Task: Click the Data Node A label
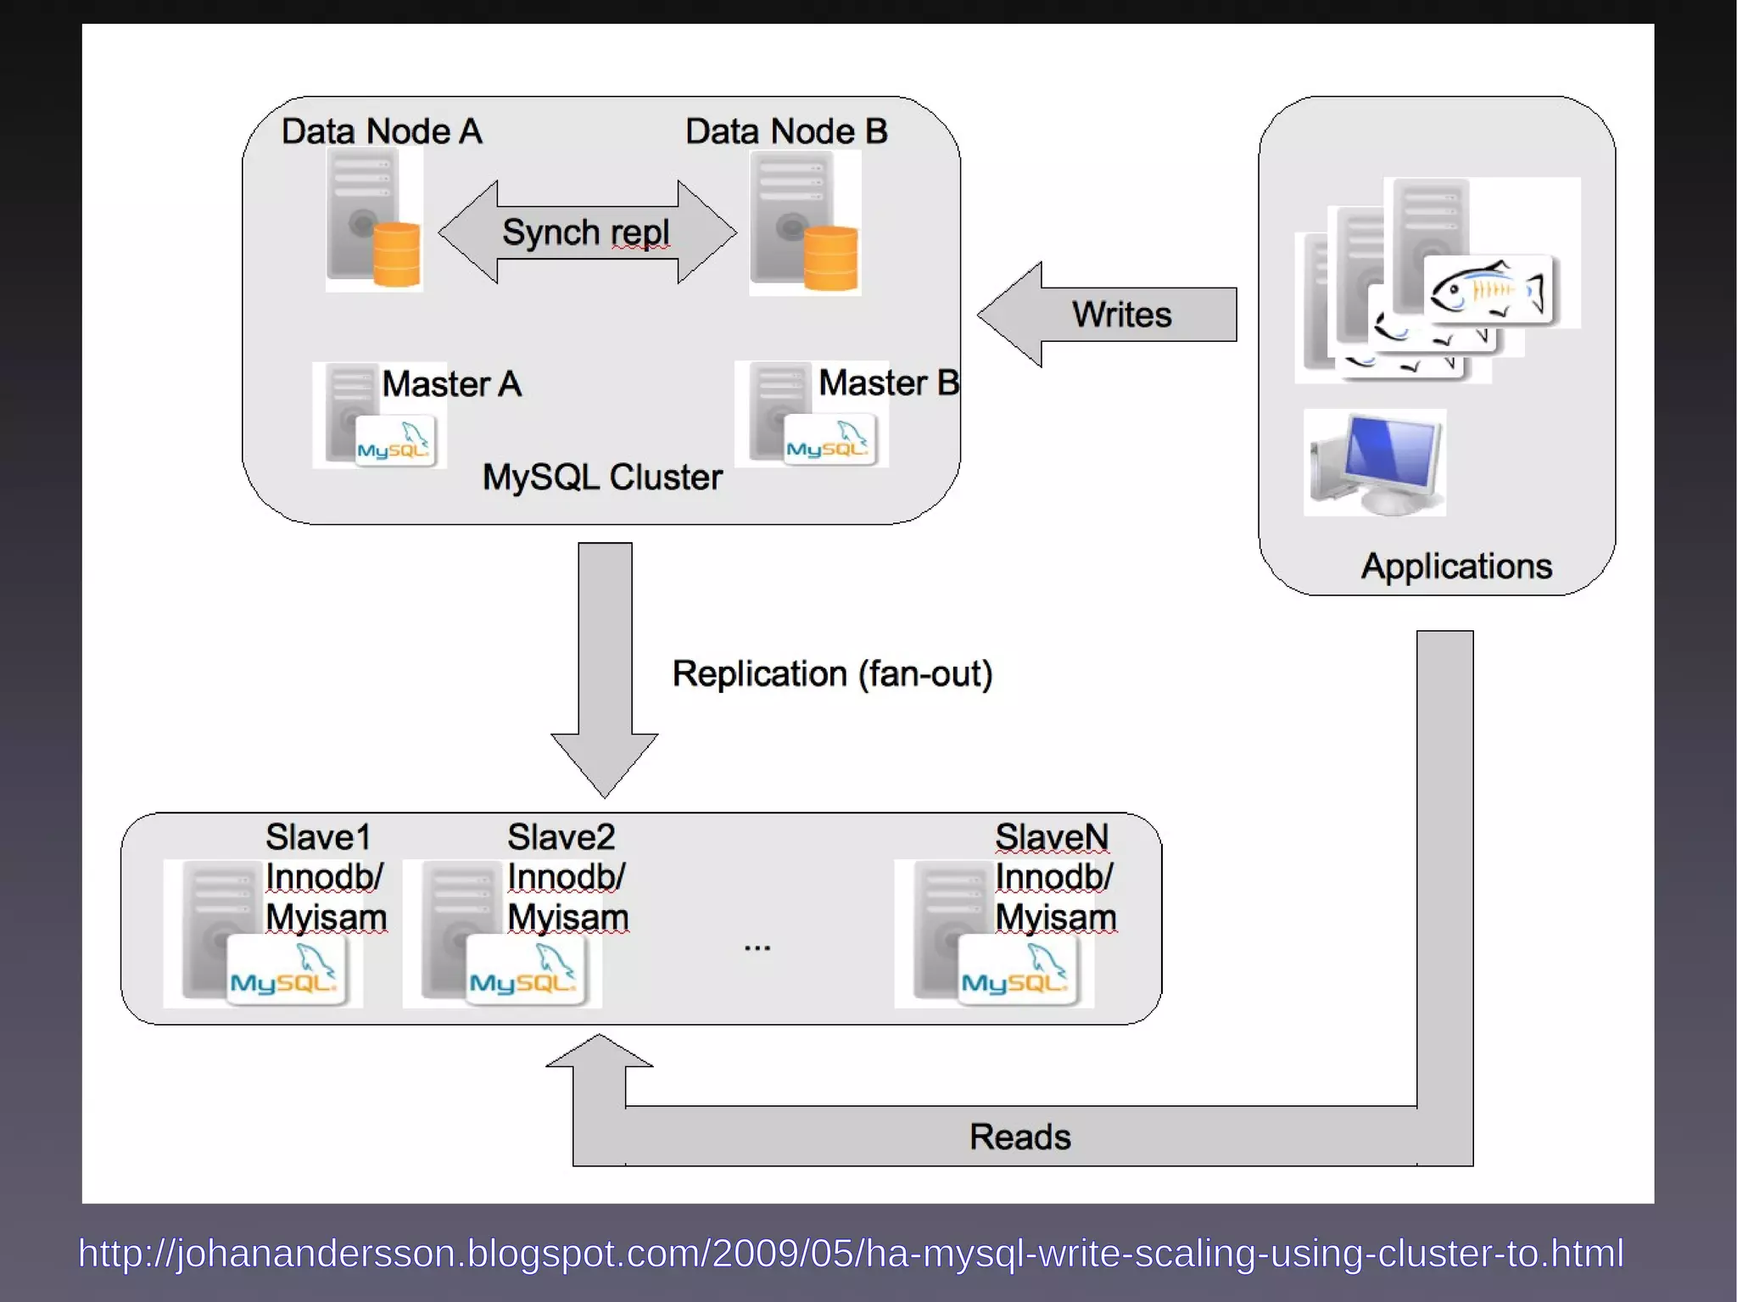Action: coord(382,131)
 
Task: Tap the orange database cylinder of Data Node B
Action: coord(830,258)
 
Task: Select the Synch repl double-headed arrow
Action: coord(587,232)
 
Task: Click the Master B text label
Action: coord(888,383)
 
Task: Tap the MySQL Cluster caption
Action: coord(602,477)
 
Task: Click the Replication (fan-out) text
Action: coord(832,673)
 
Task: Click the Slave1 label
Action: coord(318,837)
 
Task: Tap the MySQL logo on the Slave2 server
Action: coord(525,971)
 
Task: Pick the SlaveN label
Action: coord(1052,837)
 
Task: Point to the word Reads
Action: coord(1019,1137)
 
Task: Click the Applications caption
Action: coord(1456,566)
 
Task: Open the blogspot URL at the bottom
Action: coord(851,1253)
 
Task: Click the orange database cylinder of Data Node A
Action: coord(397,254)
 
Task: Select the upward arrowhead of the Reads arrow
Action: coord(600,1052)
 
